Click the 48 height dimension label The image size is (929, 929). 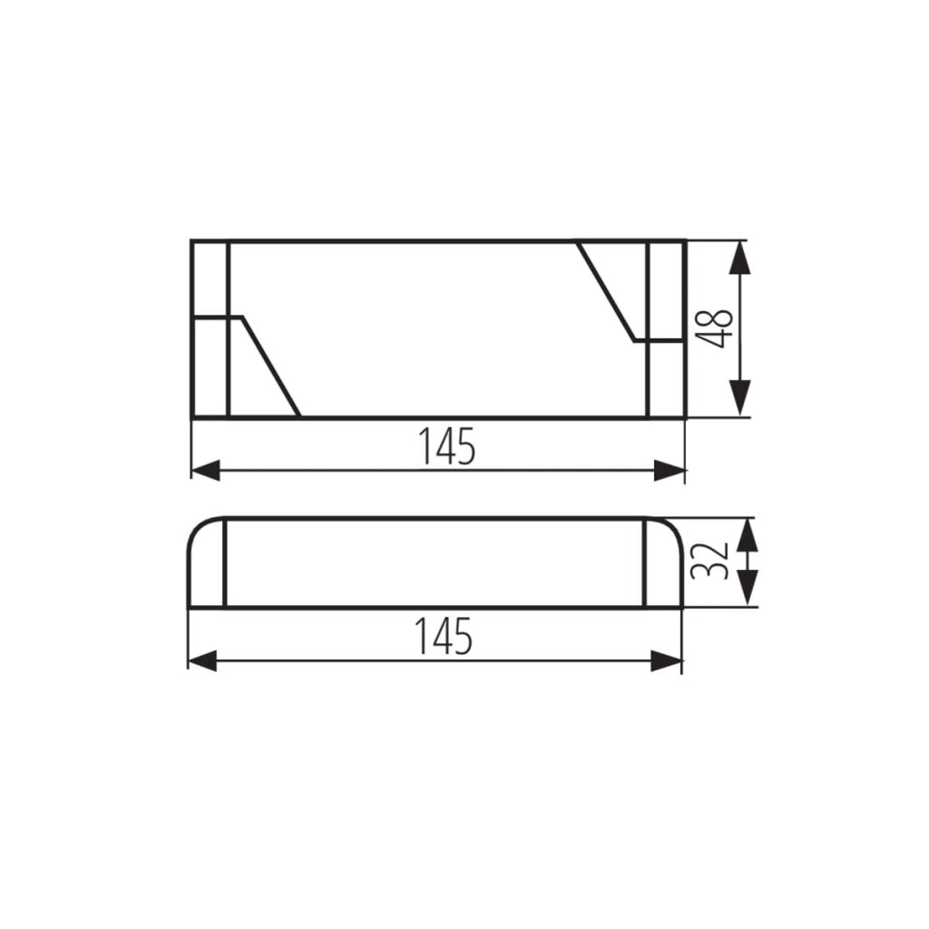click(x=715, y=328)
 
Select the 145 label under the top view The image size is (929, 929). click(x=447, y=445)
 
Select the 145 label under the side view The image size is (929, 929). click(x=445, y=636)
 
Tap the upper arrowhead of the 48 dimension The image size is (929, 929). click(x=740, y=258)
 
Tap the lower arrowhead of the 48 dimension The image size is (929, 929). click(x=740, y=399)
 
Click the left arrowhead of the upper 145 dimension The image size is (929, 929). click(x=206, y=470)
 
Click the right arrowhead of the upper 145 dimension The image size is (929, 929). click(x=670, y=470)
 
